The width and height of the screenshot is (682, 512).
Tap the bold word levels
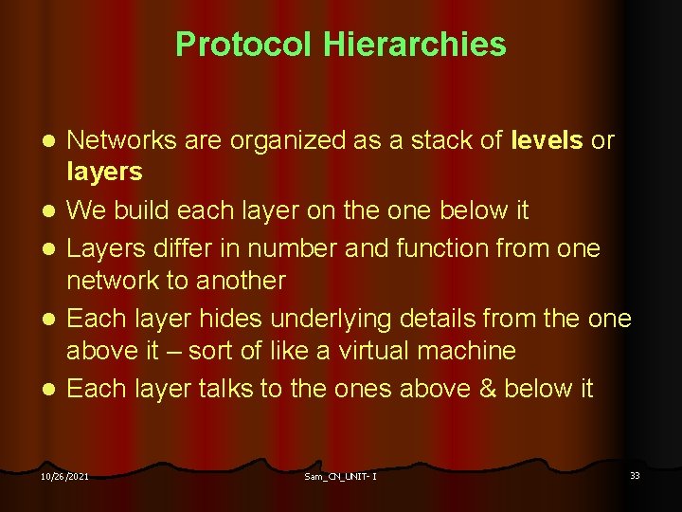pos(547,141)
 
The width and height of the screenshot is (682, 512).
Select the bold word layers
pos(104,172)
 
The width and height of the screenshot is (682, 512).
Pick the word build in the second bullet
pos(139,210)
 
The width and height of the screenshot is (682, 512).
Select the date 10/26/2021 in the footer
pos(65,476)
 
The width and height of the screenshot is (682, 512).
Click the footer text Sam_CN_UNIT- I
pos(340,476)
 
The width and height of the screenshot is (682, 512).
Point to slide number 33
pos(635,475)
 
